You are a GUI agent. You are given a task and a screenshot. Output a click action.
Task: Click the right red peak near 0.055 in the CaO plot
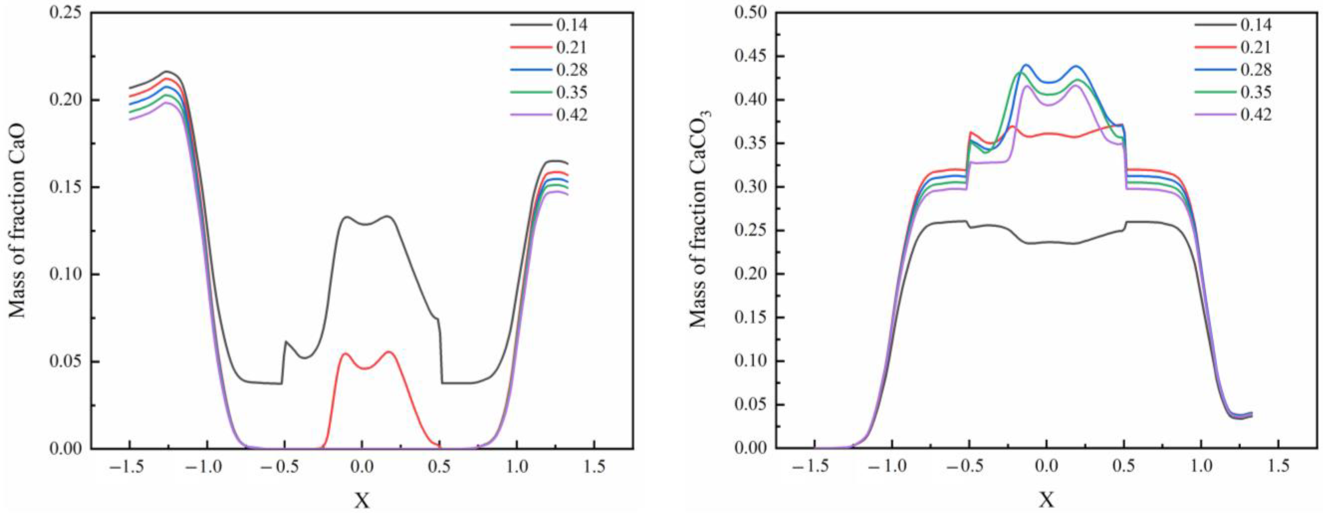(x=389, y=352)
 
